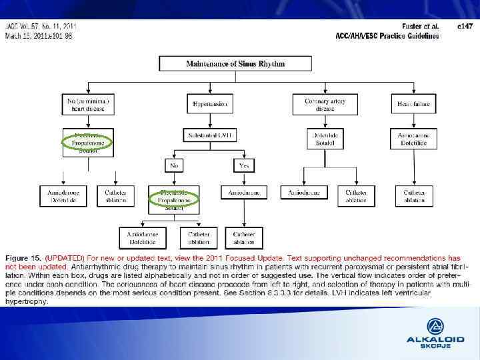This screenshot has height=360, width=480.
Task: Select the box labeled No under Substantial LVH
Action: tap(175, 165)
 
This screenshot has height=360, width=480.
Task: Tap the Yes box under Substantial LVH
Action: tap(243, 165)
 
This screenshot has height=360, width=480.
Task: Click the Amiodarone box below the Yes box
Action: tap(243, 193)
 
